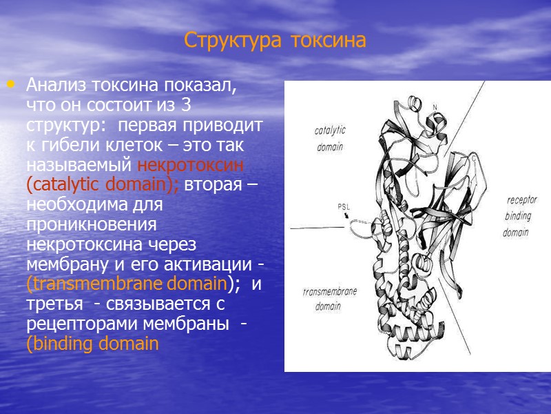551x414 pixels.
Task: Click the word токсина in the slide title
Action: tap(327, 41)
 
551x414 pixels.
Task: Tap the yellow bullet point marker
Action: tap(10, 85)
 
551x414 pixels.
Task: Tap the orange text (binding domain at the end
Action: tap(92, 344)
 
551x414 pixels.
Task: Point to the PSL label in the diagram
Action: tap(344, 206)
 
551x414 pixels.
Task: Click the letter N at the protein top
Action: tap(435, 106)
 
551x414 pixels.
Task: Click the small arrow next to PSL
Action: tap(346, 215)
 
